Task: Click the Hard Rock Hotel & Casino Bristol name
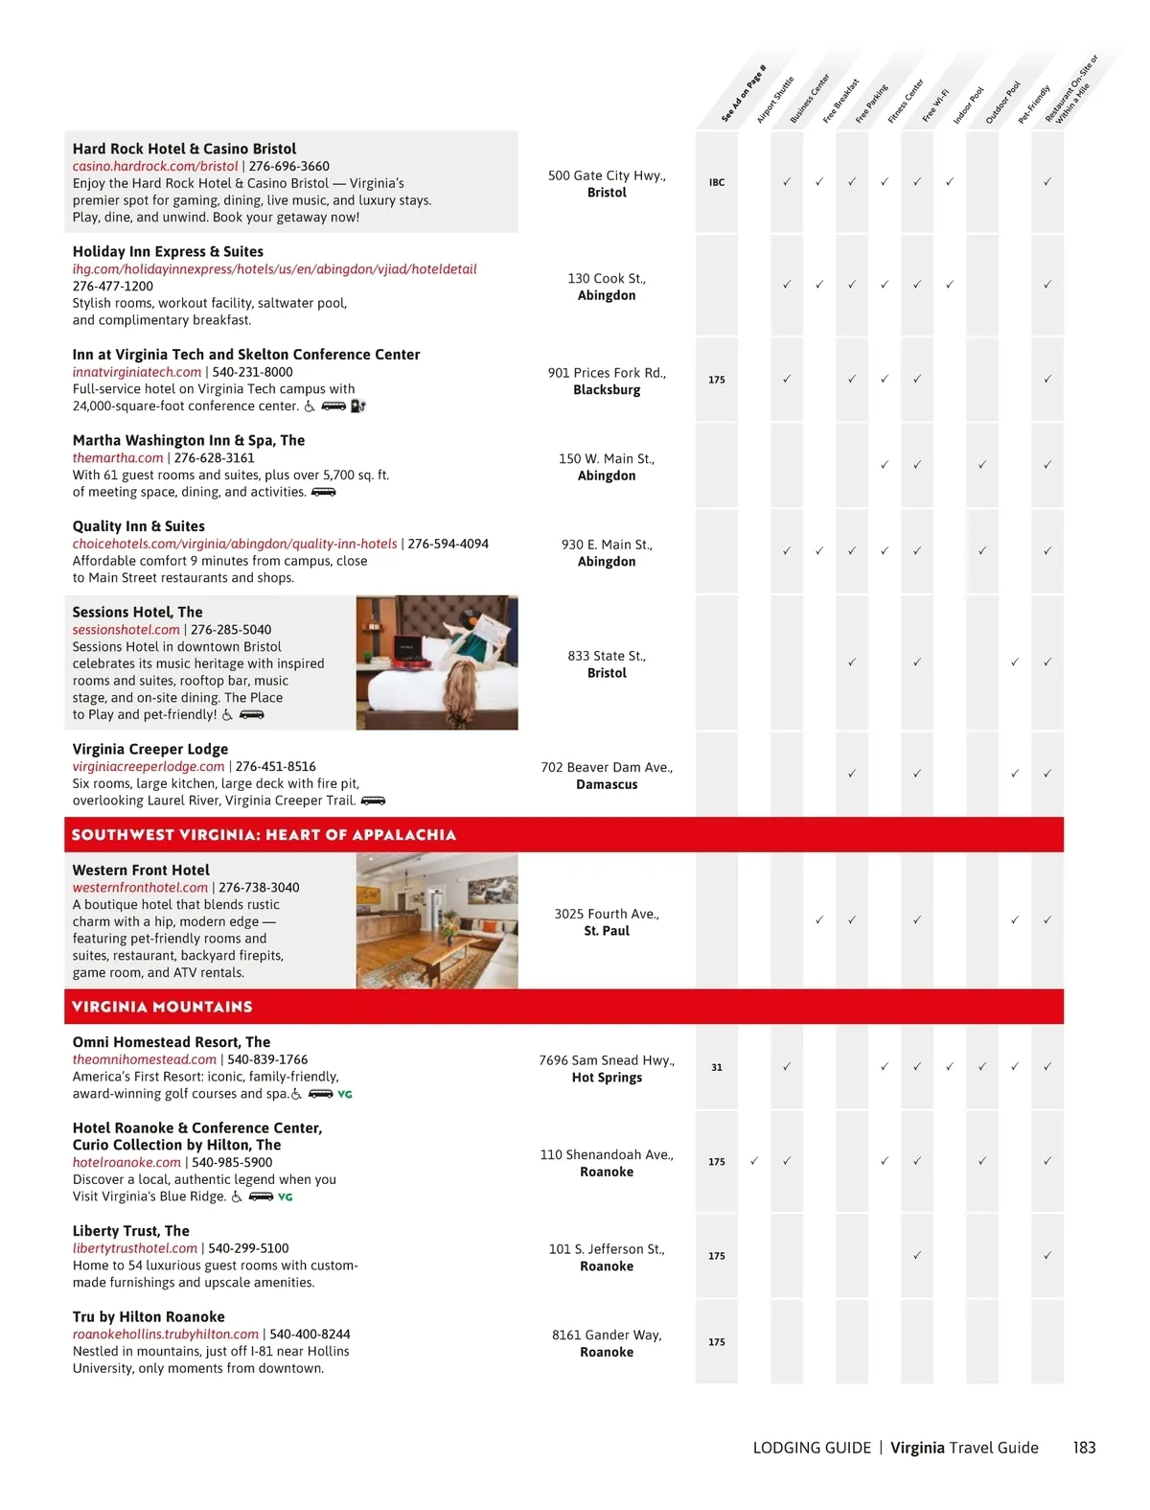184,149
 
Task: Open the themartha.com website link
118,458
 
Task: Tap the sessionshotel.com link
126,630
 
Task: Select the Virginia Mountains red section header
162,1007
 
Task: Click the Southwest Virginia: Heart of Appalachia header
264,835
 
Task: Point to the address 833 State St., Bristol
607,664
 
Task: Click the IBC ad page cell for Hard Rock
717,182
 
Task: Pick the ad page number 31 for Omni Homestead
717,1067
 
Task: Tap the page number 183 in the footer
1084,1448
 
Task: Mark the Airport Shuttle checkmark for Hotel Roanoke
754,1161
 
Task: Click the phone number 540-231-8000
252,372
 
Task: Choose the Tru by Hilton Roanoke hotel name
149,1317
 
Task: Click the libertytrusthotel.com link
134,1248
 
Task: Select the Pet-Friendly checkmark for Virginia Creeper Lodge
1015,774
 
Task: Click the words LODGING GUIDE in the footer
812,1448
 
